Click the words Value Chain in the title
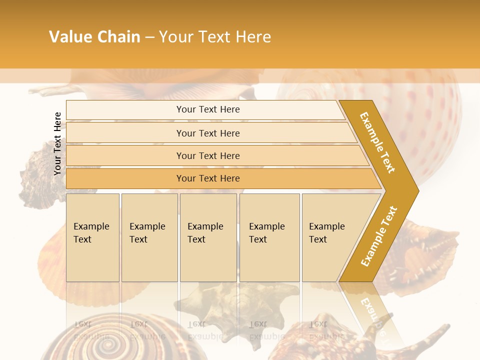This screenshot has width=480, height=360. click(x=94, y=37)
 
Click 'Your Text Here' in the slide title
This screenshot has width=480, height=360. click(x=215, y=37)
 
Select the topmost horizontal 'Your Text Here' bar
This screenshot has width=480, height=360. click(x=207, y=109)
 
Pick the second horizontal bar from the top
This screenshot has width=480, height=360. click(x=207, y=133)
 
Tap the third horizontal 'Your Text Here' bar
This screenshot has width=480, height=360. click(x=207, y=155)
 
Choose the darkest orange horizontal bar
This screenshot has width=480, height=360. click(x=207, y=178)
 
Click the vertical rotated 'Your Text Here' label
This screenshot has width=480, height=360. click(x=57, y=143)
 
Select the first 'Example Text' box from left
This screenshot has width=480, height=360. click(x=92, y=237)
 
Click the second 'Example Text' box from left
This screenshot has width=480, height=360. click(x=149, y=237)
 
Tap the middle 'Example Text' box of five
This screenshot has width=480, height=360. click(x=208, y=237)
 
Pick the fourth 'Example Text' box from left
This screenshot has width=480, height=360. click(x=269, y=237)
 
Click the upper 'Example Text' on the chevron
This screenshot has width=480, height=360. click(x=377, y=142)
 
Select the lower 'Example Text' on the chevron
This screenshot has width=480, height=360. click(x=378, y=236)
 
